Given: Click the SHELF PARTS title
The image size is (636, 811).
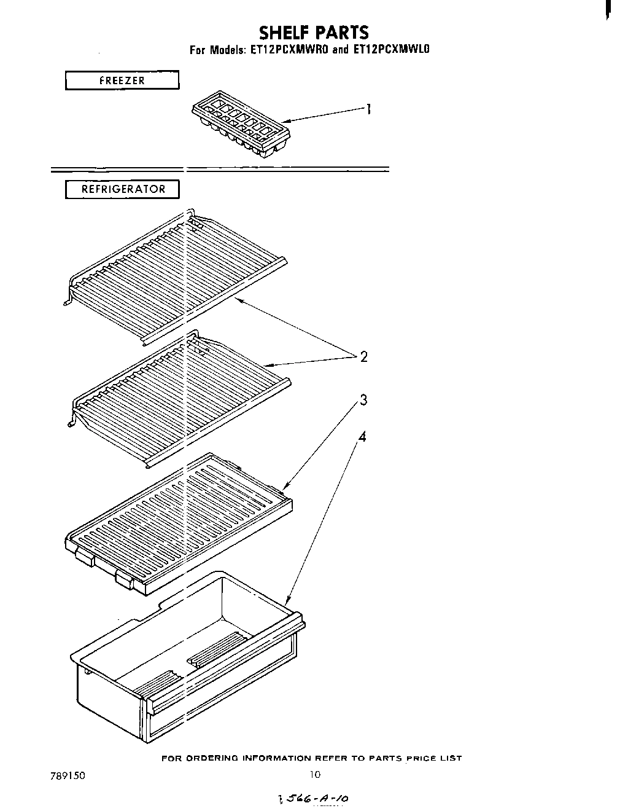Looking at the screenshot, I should click(x=314, y=32).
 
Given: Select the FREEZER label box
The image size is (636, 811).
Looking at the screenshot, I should click(x=122, y=80).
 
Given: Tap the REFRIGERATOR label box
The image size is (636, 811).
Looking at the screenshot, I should click(x=123, y=189).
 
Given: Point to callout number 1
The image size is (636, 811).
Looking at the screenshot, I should click(x=368, y=109).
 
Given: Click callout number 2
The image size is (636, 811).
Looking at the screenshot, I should click(x=363, y=356).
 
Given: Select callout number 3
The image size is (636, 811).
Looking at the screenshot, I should click(x=363, y=401).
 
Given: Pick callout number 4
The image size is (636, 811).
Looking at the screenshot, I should click(x=362, y=437).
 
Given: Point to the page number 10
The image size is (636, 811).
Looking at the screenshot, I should click(x=315, y=775).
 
